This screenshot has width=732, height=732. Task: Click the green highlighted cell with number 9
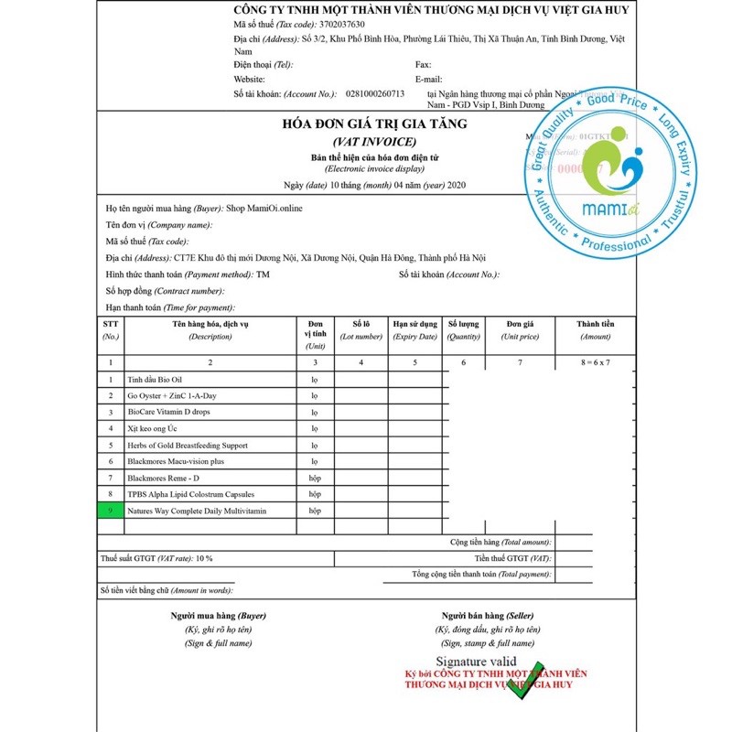point(110,511)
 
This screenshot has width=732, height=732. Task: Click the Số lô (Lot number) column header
point(361,329)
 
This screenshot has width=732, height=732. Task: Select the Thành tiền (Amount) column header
point(595,329)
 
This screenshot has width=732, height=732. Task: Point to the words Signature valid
point(476,662)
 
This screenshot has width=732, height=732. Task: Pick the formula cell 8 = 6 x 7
point(595,362)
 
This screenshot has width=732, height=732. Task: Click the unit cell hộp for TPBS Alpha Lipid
point(315,494)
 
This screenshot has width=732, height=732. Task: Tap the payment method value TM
point(264,274)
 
